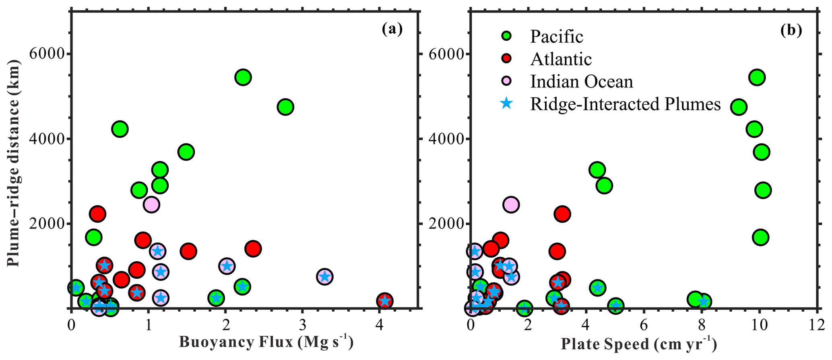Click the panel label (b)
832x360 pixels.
coord(791,31)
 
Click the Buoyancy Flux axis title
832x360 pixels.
coord(266,342)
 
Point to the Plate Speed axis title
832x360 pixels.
coord(639,344)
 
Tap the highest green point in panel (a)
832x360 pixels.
coord(243,77)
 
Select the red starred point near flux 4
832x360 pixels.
coord(385,301)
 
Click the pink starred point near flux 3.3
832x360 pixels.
coord(324,277)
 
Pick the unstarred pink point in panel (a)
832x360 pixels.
coord(151,205)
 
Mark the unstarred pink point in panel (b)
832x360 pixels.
coord(511,205)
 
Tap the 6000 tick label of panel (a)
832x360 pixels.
coord(47,54)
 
